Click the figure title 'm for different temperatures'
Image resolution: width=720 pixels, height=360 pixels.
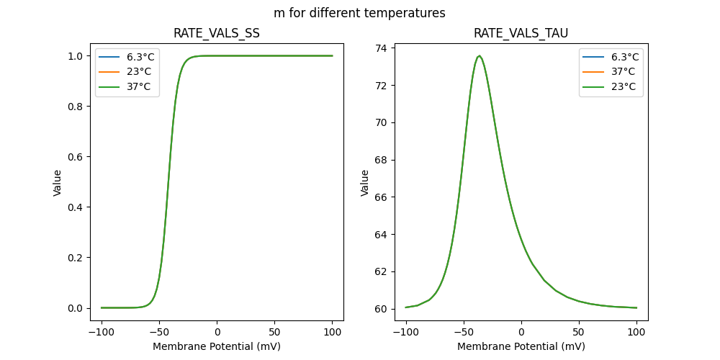point(359,13)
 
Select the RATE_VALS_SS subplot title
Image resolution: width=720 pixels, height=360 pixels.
point(217,33)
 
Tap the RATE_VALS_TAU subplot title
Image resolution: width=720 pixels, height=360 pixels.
point(521,33)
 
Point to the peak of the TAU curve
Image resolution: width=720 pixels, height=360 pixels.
point(480,55)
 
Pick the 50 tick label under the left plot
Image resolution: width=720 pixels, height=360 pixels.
point(275,333)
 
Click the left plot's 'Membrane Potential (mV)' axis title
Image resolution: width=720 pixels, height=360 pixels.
point(217,346)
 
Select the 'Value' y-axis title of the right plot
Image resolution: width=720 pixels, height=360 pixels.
point(365,183)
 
